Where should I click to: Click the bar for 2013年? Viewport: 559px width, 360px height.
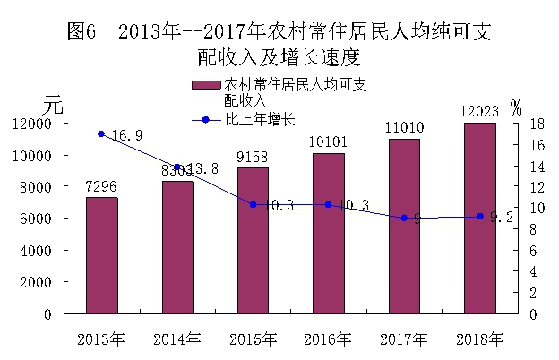(101, 255)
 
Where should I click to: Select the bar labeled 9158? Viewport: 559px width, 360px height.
(254, 240)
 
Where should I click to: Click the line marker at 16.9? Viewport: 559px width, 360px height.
(101, 134)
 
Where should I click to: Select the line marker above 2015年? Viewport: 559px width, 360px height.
(254, 204)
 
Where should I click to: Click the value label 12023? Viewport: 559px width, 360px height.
(480, 113)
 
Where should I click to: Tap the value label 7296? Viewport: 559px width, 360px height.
(101, 188)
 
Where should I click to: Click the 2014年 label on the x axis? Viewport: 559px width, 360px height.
(177, 339)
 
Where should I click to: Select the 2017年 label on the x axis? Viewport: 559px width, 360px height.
(405, 339)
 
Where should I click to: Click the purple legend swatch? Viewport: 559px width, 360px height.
(205, 84)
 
